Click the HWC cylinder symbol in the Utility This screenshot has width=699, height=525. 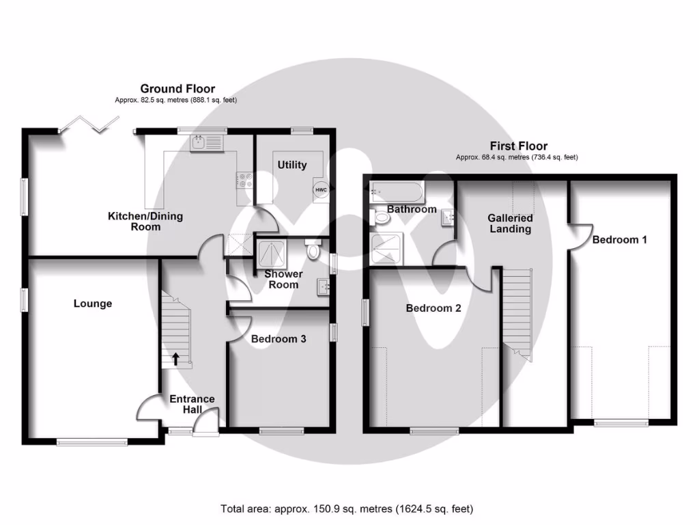[319, 190]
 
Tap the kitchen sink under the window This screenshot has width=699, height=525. [208, 144]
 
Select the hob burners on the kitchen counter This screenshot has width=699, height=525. [244, 180]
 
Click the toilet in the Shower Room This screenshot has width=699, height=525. [313, 250]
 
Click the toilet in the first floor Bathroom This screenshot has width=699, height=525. [381, 218]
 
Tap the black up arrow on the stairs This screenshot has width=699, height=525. [175, 358]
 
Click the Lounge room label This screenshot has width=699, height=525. [93, 304]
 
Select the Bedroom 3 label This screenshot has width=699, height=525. [279, 339]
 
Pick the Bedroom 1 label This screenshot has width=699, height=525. [619, 240]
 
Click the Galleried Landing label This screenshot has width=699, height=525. [510, 224]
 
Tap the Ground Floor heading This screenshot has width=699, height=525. [177, 89]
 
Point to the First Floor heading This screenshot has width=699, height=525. [519, 146]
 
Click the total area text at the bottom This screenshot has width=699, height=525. [346, 509]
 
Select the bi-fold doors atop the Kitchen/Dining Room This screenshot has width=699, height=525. [87, 123]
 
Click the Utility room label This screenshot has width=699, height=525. [291, 165]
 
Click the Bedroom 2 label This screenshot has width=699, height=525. [433, 308]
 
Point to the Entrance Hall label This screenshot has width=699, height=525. [192, 404]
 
